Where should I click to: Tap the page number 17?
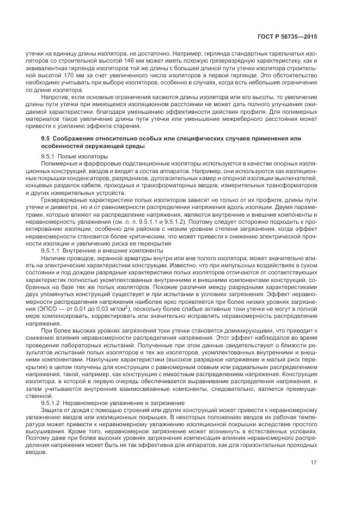(x=314, y=463)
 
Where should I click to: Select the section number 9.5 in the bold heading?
(x=46, y=139)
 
